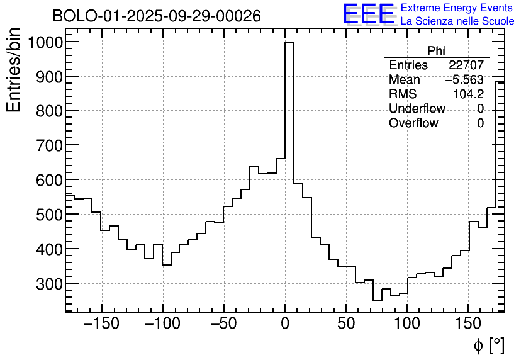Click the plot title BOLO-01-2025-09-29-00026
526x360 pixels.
pos(157,16)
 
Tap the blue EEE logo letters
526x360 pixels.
pos(368,14)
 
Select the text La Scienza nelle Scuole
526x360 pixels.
pos(457,21)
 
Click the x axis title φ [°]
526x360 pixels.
pos(488,345)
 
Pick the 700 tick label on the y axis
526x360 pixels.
pos(48,145)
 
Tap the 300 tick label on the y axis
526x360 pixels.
pos(48,284)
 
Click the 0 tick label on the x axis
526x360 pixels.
pos(285,325)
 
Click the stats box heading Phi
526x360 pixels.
pos(436,51)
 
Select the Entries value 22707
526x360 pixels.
pos(466,65)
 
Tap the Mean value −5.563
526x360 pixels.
pos(464,80)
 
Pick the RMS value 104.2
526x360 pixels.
pos(468,94)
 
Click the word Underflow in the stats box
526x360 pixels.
pos(417,109)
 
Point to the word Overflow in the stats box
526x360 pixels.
pos(413,123)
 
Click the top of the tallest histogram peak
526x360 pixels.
pos(289,43)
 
